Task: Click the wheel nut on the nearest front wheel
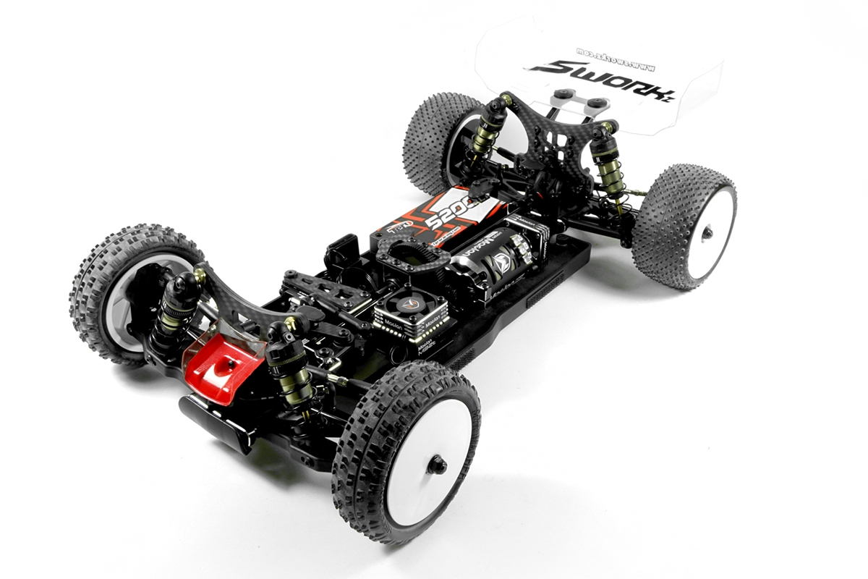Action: click(x=438, y=465)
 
